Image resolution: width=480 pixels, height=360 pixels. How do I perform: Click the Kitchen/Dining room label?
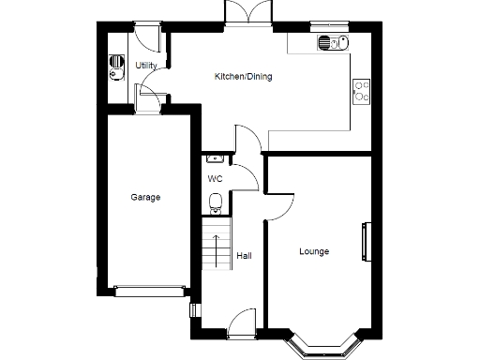coord(243,77)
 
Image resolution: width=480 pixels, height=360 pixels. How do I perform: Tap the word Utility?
coord(145,66)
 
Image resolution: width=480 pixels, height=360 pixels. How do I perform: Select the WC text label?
coord(215,178)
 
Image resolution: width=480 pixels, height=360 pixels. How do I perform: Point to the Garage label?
coord(145,198)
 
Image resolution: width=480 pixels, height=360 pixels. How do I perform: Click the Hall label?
coord(244,255)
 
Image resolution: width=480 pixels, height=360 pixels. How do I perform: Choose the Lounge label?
coord(314,251)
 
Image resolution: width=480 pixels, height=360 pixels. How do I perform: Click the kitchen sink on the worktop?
coord(332,42)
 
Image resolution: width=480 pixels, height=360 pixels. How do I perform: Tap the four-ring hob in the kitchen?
coord(360,90)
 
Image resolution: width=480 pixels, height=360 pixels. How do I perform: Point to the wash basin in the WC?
coord(213,159)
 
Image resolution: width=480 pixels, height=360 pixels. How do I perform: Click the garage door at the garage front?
coord(147,290)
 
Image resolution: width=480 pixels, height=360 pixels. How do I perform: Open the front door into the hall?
coord(242,323)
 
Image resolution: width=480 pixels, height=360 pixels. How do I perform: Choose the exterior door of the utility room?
coord(145,37)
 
